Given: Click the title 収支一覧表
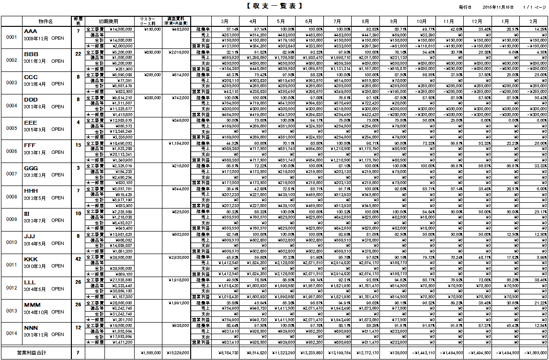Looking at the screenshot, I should click(x=274, y=6).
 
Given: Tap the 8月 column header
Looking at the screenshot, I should click(x=366, y=21).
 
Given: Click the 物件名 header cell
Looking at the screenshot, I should click(x=46, y=21).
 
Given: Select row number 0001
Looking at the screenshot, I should click(x=11, y=37).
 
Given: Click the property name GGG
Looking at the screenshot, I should click(x=30, y=169).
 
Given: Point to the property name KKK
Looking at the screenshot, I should click(x=30, y=259).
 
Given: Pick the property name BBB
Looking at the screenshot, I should click(x=31, y=55).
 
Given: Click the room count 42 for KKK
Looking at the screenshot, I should click(x=78, y=258).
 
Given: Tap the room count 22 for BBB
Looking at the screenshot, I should click(x=78, y=54).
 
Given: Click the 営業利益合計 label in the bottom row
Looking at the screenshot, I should click(x=32, y=353).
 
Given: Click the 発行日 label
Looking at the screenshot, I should click(x=465, y=8).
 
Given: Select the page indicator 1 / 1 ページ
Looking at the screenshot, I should click(x=535, y=8).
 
